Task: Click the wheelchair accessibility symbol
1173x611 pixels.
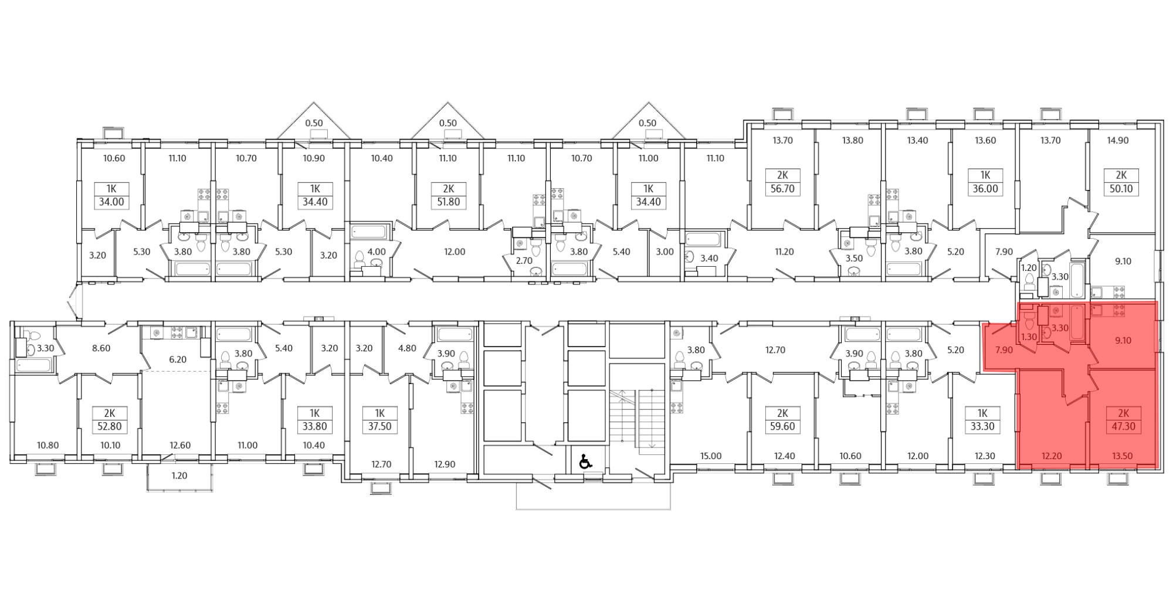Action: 585,462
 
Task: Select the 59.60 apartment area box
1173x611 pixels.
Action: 782,427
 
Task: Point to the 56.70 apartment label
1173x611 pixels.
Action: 782,189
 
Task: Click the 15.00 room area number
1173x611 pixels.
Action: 711,456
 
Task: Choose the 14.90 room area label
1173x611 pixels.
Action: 1117,141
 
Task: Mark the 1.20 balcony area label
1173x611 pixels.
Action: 179,476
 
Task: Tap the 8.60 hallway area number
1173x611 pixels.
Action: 101,348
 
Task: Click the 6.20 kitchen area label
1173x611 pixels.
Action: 178,359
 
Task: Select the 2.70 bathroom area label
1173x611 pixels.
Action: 524,260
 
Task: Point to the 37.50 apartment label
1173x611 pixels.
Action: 379,427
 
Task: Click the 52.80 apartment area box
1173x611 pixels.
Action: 110,427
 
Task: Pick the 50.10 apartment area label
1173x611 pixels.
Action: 1121,189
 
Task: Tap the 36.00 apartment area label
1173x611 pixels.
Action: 985,189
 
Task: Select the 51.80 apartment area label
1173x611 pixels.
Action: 449,203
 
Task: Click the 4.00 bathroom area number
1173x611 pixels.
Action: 377,252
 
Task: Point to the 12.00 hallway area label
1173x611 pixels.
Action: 455,252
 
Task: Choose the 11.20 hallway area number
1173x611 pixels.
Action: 784,252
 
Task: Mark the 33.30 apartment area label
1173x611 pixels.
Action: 982,427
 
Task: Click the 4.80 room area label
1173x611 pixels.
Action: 407,348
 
